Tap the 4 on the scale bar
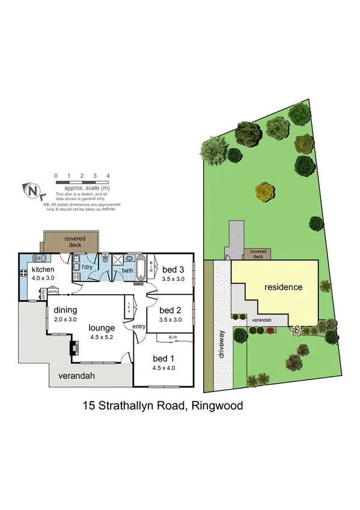[x=108, y=176]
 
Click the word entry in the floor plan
[x=139, y=326]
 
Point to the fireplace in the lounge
[x=74, y=349]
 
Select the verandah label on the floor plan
[x=75, y=376]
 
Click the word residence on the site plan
[x=283, y=287]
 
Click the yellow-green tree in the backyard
[x=265, y=192]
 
